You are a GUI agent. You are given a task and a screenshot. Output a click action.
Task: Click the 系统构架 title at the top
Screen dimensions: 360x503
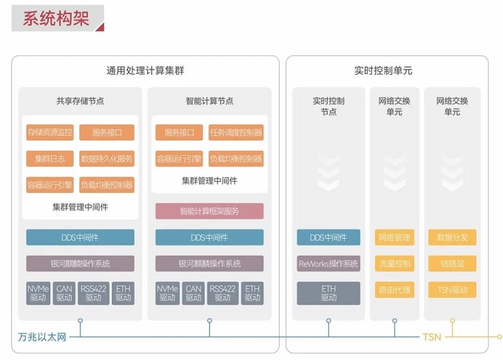click(56, 18)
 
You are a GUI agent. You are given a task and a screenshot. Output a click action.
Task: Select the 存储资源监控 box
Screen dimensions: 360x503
click(50, 133)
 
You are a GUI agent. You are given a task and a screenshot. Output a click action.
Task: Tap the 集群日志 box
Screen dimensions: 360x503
click(50, 159)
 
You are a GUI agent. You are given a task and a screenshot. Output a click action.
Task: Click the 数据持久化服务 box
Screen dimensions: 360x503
click(107, 159)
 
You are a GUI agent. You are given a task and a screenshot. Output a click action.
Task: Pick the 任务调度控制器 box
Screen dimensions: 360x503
click(236, 133)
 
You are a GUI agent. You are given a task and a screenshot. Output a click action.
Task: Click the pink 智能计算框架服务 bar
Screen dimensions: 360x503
click(209, 211)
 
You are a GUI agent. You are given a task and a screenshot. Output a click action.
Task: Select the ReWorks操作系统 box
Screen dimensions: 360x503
click(328, 263)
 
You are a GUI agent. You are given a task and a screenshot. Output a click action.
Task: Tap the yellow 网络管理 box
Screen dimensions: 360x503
click(394, 238)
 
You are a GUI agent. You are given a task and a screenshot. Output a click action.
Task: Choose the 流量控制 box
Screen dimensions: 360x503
click(394, 263)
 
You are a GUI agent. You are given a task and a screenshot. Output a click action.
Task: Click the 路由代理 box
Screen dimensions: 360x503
click(394, 289)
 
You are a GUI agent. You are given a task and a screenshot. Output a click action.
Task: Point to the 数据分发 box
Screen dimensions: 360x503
click(452, 238)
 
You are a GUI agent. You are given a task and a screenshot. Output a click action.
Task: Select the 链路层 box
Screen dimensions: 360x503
click(452, 263)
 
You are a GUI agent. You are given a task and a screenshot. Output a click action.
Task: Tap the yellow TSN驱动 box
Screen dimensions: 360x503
click(452, 289)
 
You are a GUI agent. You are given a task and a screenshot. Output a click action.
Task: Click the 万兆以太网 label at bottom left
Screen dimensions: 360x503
click(42, 338)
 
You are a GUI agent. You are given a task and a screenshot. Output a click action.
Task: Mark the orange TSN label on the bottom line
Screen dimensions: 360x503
click(431, 338)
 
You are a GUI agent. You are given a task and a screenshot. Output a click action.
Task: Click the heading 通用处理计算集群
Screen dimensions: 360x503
click(145, 71)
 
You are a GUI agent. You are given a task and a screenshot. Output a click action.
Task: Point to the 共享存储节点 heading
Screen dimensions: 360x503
click(80, 101)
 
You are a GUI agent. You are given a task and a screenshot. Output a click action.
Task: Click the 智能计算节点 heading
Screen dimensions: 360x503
click(209, 101)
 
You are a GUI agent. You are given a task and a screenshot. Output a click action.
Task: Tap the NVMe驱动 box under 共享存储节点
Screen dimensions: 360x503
click(38, 293)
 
